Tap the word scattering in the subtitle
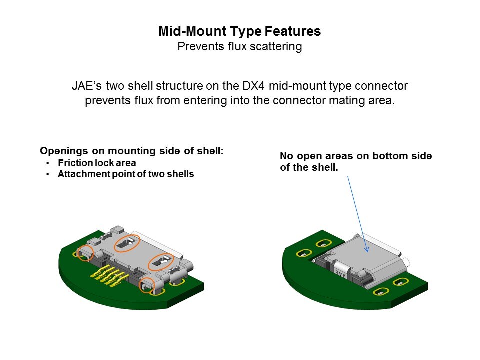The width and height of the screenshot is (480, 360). [x=277, y=47]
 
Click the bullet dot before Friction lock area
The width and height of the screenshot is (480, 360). [x=48, y=163]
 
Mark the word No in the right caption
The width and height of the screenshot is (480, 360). [x=286, y=156]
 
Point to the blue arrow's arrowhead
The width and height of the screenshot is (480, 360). [x=367, y=250]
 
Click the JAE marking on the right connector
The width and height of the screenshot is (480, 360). [x=340, y=273]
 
